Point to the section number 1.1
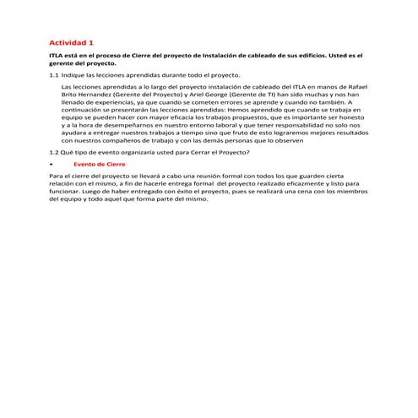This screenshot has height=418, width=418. (55, 75)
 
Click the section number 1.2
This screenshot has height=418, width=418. (55, 151)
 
